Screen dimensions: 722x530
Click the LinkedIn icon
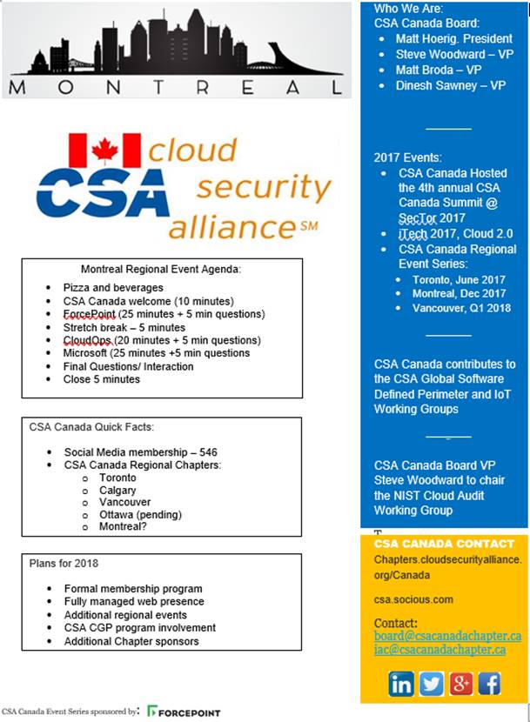tap(401, 683)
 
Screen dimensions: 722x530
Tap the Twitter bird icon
tap(431, 683)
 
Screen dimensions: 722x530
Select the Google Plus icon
tap(460, 683)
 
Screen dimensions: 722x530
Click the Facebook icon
tap(489, 683)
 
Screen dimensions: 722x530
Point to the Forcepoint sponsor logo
tap(184, 712)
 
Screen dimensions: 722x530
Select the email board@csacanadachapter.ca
tap(447, 637)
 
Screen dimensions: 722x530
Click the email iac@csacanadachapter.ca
tap(439, 650)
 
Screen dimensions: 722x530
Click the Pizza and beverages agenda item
tap(113, 287)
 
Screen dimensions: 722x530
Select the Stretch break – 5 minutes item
tap(124, 327)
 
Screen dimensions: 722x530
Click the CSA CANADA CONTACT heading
tap(443, 544)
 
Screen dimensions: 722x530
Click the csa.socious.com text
tap(413, 599)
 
